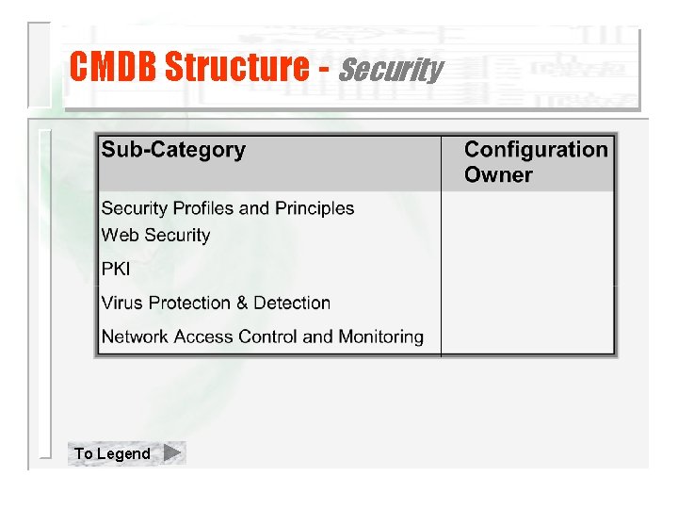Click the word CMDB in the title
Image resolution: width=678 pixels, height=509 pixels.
point(114,67)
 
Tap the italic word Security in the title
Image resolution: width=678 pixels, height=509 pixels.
point(389,69)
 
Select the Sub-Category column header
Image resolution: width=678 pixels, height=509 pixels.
point(173,150)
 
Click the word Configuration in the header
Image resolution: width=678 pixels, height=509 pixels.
point(536,150)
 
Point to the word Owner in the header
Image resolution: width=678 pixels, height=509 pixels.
point(498,175)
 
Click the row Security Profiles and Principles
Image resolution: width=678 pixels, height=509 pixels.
point(227,208)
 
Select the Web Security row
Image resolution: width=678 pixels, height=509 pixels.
point(155,236)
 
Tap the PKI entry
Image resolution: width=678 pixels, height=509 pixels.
point(116,270)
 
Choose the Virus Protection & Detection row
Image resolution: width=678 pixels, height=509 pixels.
point(216,304)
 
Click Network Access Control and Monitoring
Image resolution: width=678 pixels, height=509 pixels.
point(262,337)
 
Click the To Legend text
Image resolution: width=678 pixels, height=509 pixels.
point(112,454)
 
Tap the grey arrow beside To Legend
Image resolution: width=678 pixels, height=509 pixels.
point(172,453)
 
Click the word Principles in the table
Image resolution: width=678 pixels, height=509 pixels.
point(315,208)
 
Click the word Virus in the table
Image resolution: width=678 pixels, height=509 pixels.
point(121,304)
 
